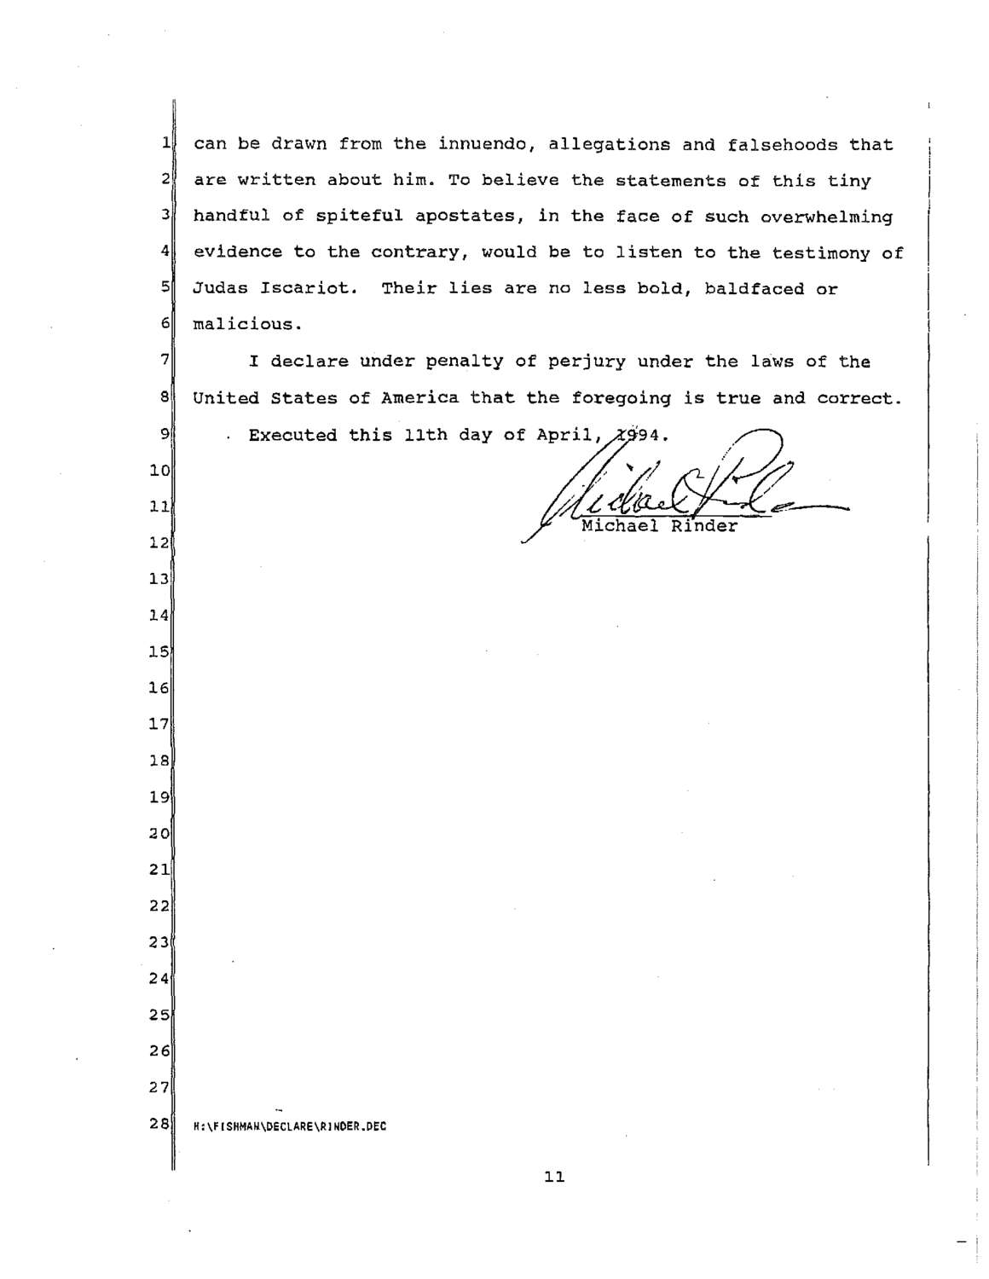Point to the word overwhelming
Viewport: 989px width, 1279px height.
coord(826,217)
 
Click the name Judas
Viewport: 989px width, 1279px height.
coord(221,288)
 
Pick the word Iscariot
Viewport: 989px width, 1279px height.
coord(304,288)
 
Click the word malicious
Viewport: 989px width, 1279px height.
coord(247,325)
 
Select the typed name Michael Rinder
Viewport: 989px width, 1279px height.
coord(659,526)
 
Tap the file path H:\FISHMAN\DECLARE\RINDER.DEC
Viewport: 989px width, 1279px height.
coord(290,1126)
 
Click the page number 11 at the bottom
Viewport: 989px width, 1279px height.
coord(554,1178)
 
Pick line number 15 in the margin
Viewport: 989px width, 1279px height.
coord(159,652)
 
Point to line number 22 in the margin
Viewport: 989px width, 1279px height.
coord(159,906)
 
